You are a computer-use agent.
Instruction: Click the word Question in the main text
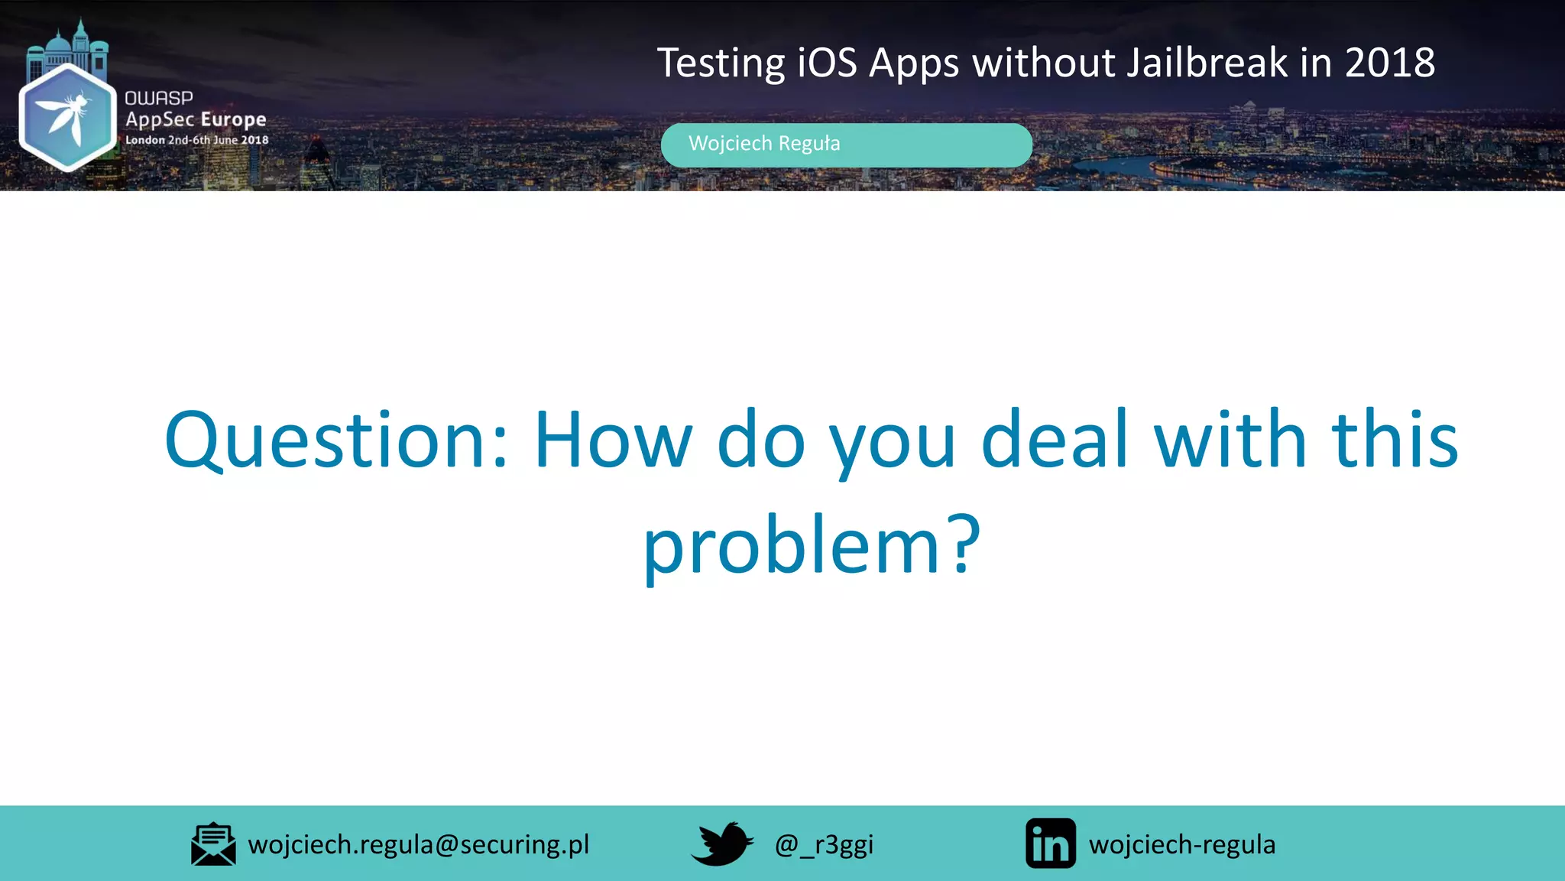(336, 441)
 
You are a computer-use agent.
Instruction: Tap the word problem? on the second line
(812, 546)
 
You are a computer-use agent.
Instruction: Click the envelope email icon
(213, 844)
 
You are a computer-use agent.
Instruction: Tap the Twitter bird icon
(722, 844)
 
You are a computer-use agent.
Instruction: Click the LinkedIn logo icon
(1051, 844)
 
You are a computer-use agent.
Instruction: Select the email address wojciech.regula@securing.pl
(419, 844)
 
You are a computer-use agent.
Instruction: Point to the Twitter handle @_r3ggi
(824, 844)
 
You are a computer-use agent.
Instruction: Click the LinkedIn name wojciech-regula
(1182, 844)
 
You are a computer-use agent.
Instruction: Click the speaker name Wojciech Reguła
(764, 144)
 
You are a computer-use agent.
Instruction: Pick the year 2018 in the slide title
(1390, 63)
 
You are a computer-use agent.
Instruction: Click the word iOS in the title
(827, 63)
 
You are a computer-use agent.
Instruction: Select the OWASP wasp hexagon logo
(67, 117)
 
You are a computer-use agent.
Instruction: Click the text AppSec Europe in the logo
(196, 119)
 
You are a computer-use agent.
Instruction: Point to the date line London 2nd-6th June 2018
(197, 140)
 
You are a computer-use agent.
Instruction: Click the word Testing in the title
(721, 63)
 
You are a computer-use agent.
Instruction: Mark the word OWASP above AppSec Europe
(159, 98)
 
